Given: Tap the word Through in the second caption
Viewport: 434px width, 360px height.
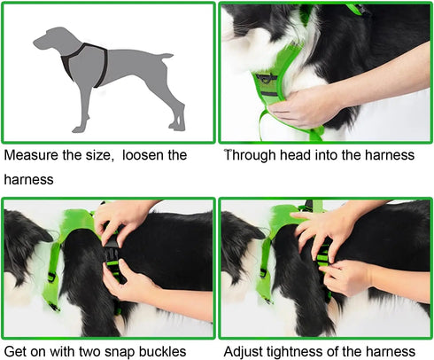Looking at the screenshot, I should pos(252,155).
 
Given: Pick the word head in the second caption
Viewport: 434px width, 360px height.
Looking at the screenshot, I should pos(300,155).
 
